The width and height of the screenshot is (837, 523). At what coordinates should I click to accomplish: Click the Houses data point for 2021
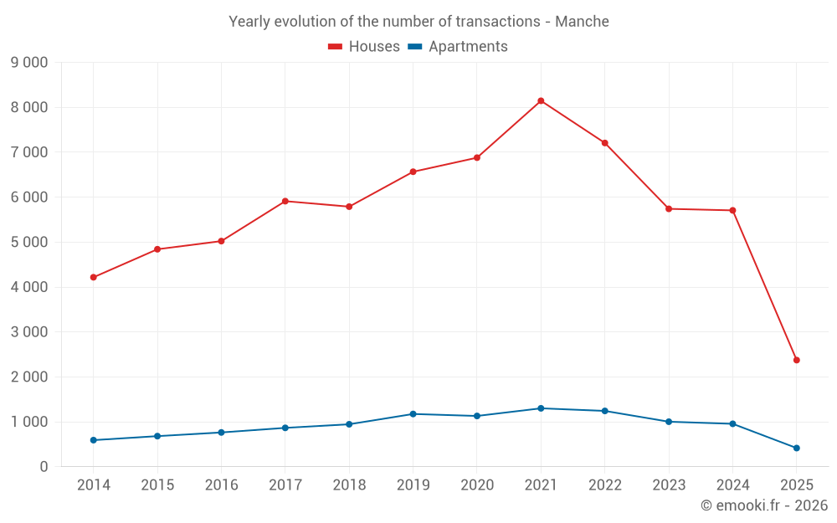point(541,101)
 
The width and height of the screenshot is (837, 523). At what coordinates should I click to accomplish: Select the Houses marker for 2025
point(796,360)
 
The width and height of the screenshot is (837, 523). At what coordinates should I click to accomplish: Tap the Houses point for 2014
point(94,277)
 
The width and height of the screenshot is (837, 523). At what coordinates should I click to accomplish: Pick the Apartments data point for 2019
point(413,414)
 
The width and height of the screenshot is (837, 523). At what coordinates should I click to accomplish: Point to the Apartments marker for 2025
point(796,448)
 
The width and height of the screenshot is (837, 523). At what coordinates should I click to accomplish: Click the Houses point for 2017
point(285,201)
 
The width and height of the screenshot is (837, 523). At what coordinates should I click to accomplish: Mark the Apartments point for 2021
point(541,408)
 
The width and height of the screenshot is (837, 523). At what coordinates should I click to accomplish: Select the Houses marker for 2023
point(669,208)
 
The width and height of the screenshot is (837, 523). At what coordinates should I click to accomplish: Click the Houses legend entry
point(364,47)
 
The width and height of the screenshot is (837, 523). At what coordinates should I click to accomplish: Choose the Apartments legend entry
point(458,47)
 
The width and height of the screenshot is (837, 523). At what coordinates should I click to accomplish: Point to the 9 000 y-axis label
point(29,63)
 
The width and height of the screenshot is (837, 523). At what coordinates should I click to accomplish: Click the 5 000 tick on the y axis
point(29,243)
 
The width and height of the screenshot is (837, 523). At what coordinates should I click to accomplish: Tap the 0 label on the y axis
point(44,467)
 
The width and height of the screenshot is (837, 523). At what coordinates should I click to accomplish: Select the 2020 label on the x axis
point(477,485)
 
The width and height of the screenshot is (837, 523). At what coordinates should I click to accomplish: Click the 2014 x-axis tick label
point(94,485)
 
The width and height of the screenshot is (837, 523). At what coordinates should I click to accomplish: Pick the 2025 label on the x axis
point(796,485)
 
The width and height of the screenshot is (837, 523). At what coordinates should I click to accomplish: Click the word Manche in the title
point(585,21)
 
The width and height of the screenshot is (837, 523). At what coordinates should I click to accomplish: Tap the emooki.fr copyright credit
point(764,505)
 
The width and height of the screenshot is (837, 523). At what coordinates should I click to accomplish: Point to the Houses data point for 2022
point(604,143)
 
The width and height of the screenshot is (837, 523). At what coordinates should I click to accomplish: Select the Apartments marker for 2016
point(221,433)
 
